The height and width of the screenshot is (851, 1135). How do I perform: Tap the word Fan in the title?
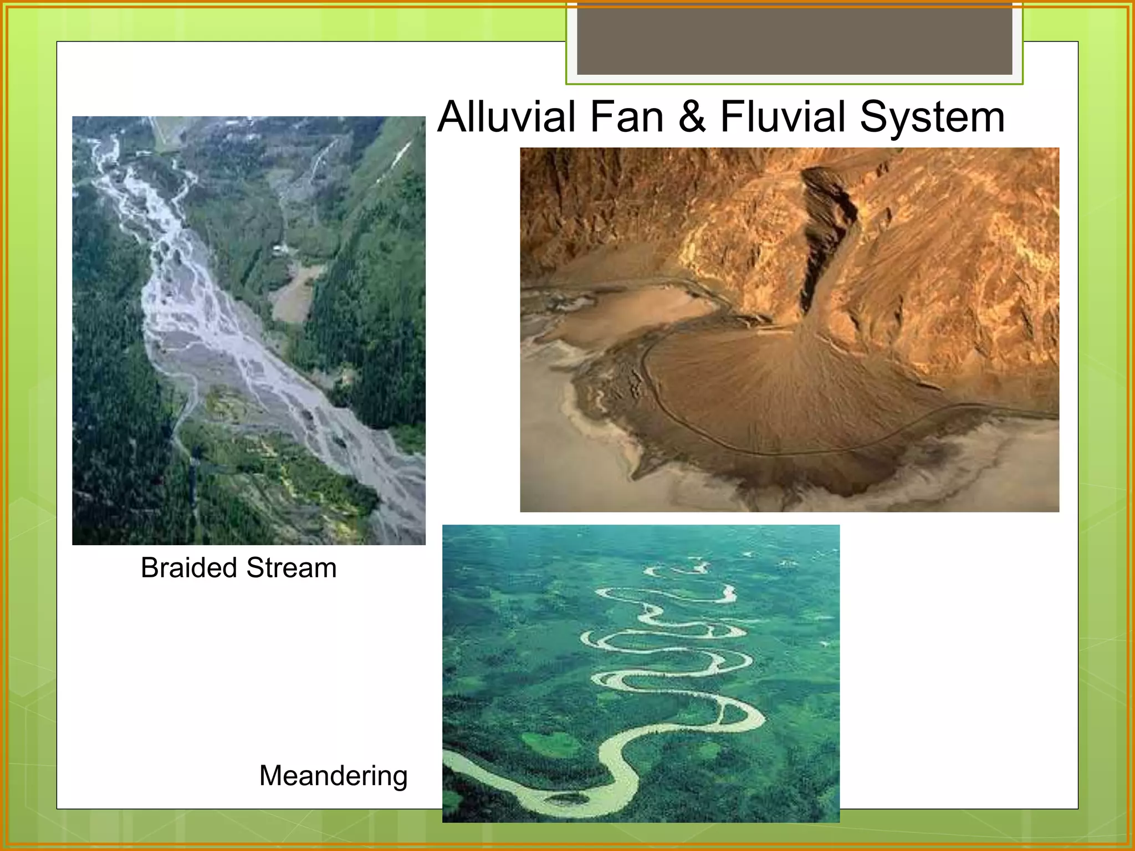626,117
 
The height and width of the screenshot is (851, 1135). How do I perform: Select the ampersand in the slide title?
692,117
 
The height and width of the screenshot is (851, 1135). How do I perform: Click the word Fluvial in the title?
783,117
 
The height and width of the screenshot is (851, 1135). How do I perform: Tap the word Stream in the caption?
292,568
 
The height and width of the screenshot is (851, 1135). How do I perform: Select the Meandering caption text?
333,776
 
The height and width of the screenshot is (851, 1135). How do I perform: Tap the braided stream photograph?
249,330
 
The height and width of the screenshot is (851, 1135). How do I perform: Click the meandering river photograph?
641,673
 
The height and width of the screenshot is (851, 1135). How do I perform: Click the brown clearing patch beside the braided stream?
294,294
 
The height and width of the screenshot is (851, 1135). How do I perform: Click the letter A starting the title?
452,117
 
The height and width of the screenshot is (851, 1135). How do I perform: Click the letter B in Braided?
150,568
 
